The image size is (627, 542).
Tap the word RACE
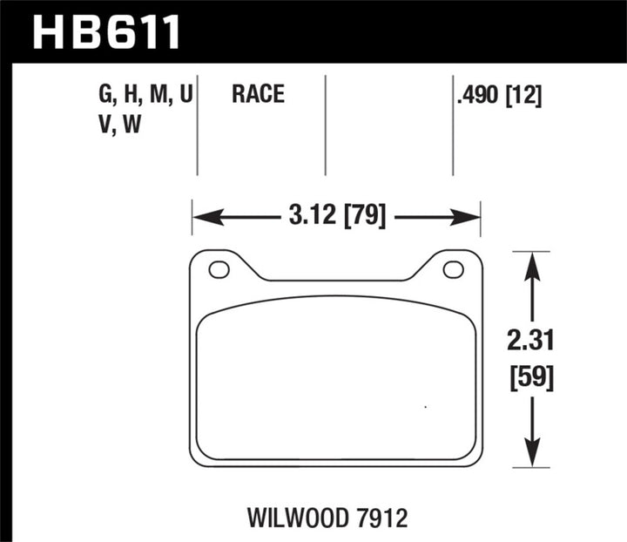259,94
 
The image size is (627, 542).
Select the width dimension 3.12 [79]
336,213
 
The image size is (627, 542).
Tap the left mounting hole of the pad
219,269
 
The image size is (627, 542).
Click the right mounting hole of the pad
453,269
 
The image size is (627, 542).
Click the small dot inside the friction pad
424,407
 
